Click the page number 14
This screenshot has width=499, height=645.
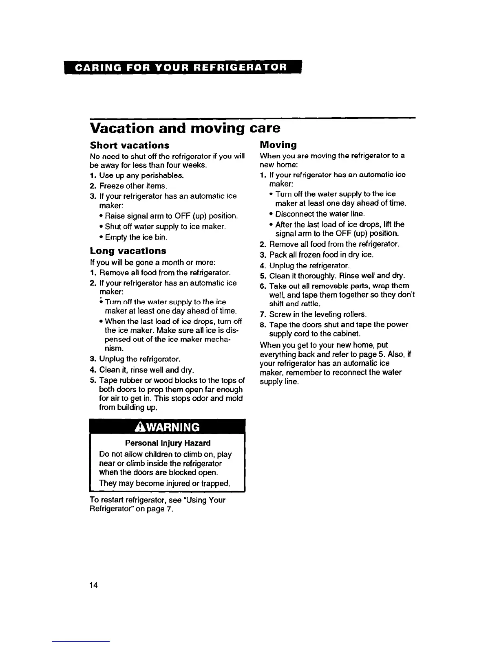click(x=94, y=585)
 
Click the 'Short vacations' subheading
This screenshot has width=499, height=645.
click(x=129, y=145)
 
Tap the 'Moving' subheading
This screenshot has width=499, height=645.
click(x=278, y=145)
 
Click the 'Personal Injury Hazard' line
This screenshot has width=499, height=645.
click(x=168, y=443)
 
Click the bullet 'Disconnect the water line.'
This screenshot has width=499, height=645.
click(x=320, y=214)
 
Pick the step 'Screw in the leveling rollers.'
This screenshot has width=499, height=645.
click(x=318, y=314)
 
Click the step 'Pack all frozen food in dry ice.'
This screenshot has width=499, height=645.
click(x=321, y=255)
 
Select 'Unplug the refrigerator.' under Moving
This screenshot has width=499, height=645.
click(x=308, y=266)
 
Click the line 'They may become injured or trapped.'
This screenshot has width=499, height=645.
click(x=165, y=483)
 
